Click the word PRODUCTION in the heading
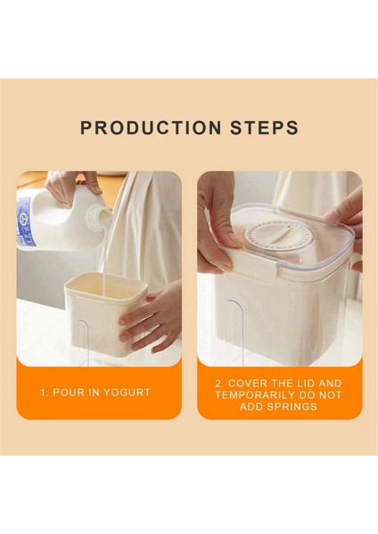pyautogui.click(x=151, y=127)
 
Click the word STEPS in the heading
pyautogui.click(x=265, y=127)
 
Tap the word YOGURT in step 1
pyautogui.click(x=127, y=392)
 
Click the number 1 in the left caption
pyautogui.click(x=44, y=392)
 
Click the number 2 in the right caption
pyautogui.click(x=219, y=384)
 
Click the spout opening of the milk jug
pyautogui.click(x=102, y=213)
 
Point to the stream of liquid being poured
pyautogui.click(x=104, y=259)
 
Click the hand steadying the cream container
pyautogui.click(x=151, y=318)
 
